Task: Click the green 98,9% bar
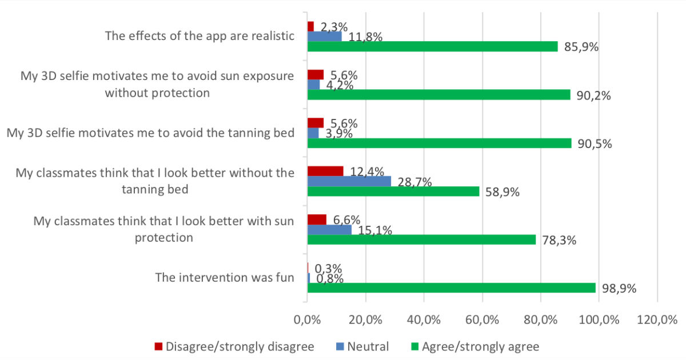[452, 288]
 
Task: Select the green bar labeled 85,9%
[432, 46]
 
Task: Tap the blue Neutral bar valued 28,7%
[349, 181]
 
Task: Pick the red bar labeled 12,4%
[325, 171]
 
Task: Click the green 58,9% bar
[393, 191]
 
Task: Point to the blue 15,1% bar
[329, 230]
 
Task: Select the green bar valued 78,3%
[421, 240]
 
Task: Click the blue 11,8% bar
[324, 36]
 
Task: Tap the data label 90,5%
[595, 143]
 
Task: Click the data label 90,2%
[593, 95]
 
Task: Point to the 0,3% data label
[329, 269]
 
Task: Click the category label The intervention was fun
[225, 278]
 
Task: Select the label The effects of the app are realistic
[200, 36]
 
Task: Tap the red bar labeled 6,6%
[317, 219]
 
